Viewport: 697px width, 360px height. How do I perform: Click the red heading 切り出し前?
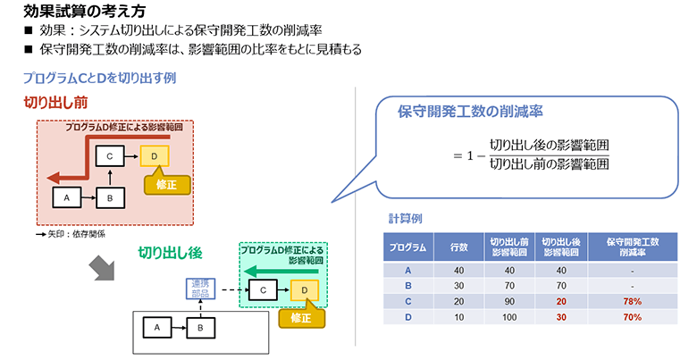[x=55, y=103]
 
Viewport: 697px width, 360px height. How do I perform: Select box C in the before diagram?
[x=108, y=156]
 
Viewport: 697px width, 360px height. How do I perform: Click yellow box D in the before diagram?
[x=155, y=156]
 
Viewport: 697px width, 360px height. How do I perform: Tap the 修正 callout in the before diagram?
[x=166, y=185]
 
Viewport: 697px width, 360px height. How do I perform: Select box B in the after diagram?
[x=201, y=328]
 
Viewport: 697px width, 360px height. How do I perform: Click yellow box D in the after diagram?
[x=304, y=289]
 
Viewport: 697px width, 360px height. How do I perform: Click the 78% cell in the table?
[x=632, y=302]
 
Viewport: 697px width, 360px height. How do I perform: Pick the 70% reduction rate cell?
[x=632, y=316]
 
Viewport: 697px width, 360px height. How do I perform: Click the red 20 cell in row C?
[x=560, y=302]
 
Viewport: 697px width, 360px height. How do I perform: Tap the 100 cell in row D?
[x=509, y=316]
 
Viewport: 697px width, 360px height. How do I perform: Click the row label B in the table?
[x=408, y=287]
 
